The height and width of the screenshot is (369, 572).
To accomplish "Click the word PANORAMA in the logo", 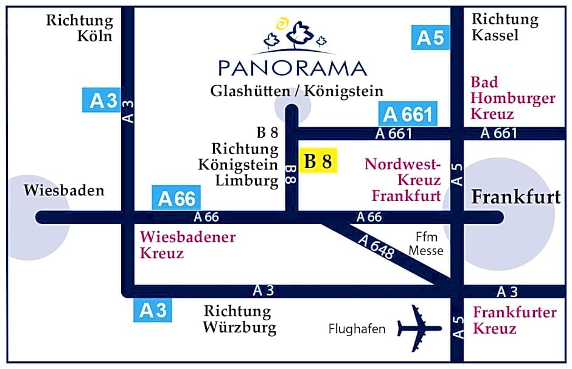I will pos(292,68).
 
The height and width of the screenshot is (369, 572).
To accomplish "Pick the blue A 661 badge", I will pos(408,114).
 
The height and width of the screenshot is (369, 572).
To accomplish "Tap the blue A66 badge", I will pos(176,199).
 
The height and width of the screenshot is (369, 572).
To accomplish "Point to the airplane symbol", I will pos(419,328).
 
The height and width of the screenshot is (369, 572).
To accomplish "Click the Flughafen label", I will pos(357,329).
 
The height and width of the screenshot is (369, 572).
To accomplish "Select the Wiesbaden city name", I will pos(65,191).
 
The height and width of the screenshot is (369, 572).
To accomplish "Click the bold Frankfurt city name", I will pos(517,197).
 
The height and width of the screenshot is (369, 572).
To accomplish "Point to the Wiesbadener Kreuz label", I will pos(187,245).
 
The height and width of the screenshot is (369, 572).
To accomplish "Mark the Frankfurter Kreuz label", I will pos(515,321).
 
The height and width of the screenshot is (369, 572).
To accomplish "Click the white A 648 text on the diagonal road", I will pos(377,247).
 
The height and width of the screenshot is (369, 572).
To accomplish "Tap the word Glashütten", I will pos(249,91).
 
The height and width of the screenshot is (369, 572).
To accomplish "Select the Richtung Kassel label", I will pos(505,27).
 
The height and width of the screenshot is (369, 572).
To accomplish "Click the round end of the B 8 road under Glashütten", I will pos(291,111).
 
